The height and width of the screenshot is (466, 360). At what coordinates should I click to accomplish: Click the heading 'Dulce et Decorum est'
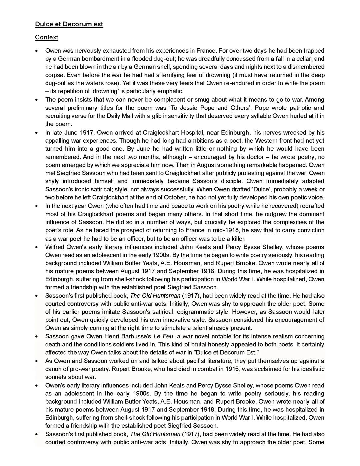click(x=69, y=24)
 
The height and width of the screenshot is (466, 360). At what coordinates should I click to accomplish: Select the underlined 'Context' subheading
click(x=46, y=37)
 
